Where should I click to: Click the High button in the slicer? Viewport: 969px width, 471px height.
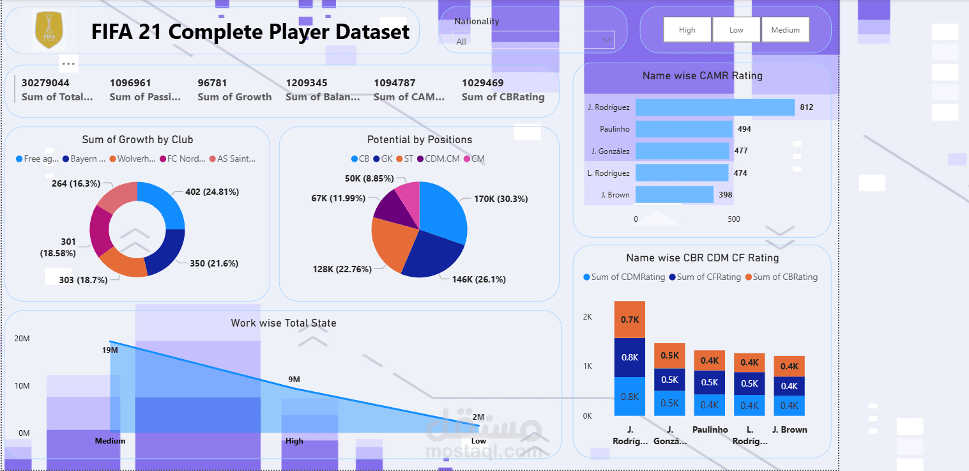pyautogui.click(x=687, y=30)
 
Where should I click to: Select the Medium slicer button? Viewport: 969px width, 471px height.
pyautogui.click(x=785, y=30)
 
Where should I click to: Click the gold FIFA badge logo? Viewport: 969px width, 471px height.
pyautogui.click(x=49, y=30)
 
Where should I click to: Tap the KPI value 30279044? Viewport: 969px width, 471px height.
pyautogui.click(x=45, y=83)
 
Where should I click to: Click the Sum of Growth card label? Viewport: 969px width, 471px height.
pyautogui.click(x=234, y=97)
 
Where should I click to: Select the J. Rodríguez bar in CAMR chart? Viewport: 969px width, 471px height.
pyautogui.click(x=715, y=107)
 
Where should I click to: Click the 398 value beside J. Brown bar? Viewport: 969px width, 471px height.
pyautogui.click(x=725, y=195)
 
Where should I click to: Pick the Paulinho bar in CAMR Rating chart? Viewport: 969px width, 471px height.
pyautogui.click(x=683, y=129)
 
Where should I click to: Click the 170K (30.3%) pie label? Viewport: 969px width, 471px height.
pyautogui.click(x=500, y=199)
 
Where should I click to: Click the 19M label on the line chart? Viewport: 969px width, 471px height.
pyautogui.click(x=110, y=350)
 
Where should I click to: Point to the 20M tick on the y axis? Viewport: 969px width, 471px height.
pyautogui.click(x=22, y=339)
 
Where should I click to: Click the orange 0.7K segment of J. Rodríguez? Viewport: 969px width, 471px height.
pyautogui.click(x=630, y=320)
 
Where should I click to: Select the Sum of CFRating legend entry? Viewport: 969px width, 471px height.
pyautogui.click(x=705, y=277)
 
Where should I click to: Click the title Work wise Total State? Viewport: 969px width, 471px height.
pyautogui.click(x=283, y=323)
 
